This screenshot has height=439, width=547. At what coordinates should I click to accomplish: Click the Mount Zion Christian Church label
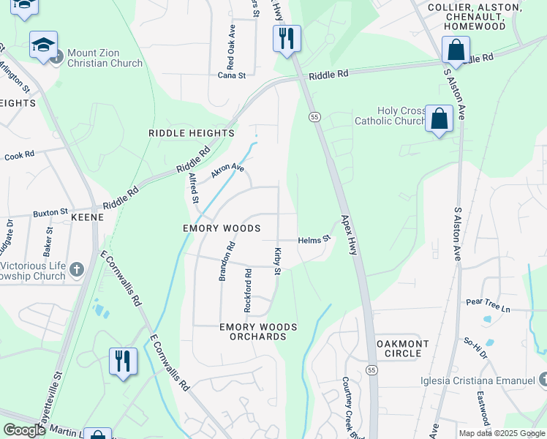point(105,58)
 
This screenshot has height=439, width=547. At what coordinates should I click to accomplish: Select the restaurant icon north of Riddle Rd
point(287,37)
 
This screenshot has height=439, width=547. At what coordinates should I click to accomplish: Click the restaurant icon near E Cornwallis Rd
point(122,361)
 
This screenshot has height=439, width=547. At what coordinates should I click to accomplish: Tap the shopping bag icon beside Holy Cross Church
point(440,119)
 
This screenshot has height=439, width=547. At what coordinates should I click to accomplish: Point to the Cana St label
point(232,75)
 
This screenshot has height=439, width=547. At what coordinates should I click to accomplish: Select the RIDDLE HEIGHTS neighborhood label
point(191,133)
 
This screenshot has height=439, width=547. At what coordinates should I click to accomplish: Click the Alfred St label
point(193,188)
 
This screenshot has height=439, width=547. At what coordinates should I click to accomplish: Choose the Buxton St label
point(50,214)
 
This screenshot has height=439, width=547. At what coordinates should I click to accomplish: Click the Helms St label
point(314,239)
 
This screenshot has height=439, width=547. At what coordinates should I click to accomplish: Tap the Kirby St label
point(278,262)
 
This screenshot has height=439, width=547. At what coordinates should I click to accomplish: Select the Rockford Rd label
point(248,291)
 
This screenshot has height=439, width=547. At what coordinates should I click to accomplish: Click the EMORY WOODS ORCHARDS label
point(258,331)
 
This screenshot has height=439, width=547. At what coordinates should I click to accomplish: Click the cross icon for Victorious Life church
point(77,271)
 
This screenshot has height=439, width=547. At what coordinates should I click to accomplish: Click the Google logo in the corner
point(24,430)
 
